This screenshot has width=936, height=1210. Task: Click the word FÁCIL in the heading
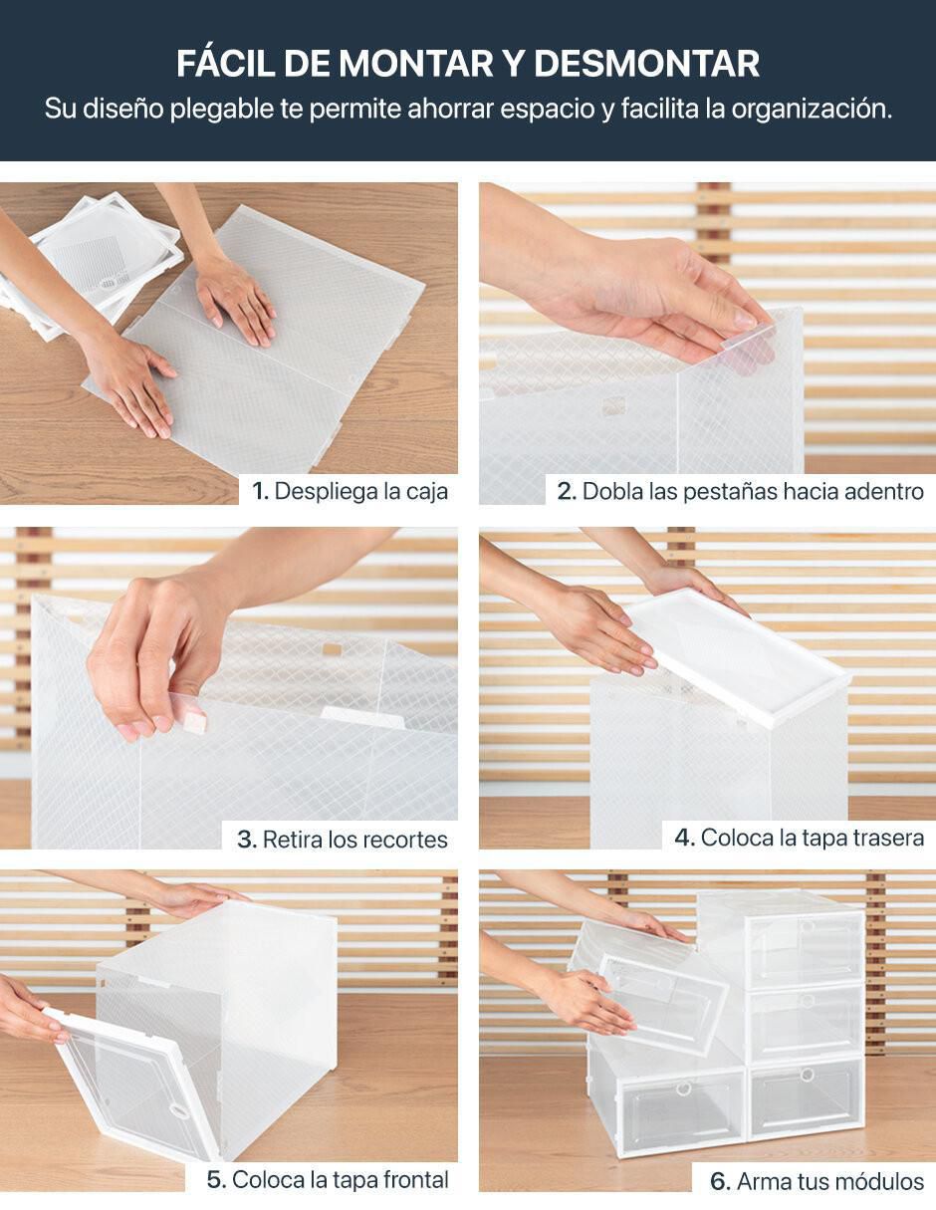225,63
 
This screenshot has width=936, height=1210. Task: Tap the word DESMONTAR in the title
646,64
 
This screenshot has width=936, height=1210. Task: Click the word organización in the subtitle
812,109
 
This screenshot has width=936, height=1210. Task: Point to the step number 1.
259,491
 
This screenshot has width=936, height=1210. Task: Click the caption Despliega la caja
361,491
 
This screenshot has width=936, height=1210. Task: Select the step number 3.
246,840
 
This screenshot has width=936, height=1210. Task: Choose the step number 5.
216,1179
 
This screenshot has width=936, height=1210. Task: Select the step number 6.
720,1180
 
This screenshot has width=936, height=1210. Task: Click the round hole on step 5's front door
177,1109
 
